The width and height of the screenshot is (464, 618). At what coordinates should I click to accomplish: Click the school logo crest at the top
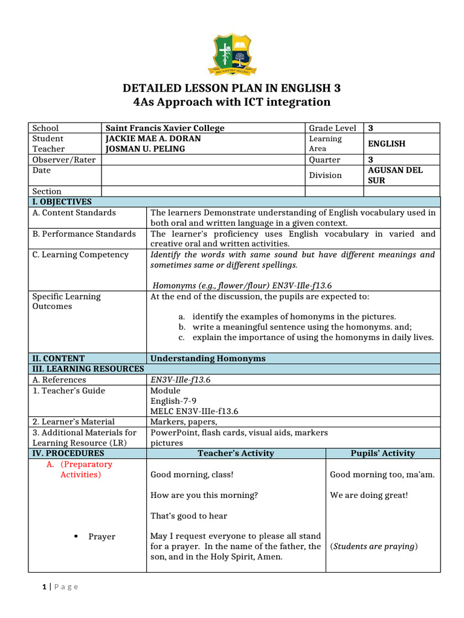232,55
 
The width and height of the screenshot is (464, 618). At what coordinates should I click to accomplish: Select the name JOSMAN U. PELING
145,148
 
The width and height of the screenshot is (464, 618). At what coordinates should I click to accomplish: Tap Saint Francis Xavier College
165,128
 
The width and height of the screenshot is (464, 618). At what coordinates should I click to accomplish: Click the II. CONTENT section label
59,358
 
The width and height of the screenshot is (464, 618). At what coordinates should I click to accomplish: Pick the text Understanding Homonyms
208,358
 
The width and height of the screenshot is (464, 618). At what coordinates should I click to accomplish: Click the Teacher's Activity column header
236,453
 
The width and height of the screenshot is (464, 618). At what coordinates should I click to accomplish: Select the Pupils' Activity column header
383,453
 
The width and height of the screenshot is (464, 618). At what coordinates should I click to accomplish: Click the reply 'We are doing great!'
369,495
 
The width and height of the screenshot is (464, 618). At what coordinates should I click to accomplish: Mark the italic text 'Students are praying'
373,547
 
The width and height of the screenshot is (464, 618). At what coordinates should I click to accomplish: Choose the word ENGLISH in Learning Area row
387,144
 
